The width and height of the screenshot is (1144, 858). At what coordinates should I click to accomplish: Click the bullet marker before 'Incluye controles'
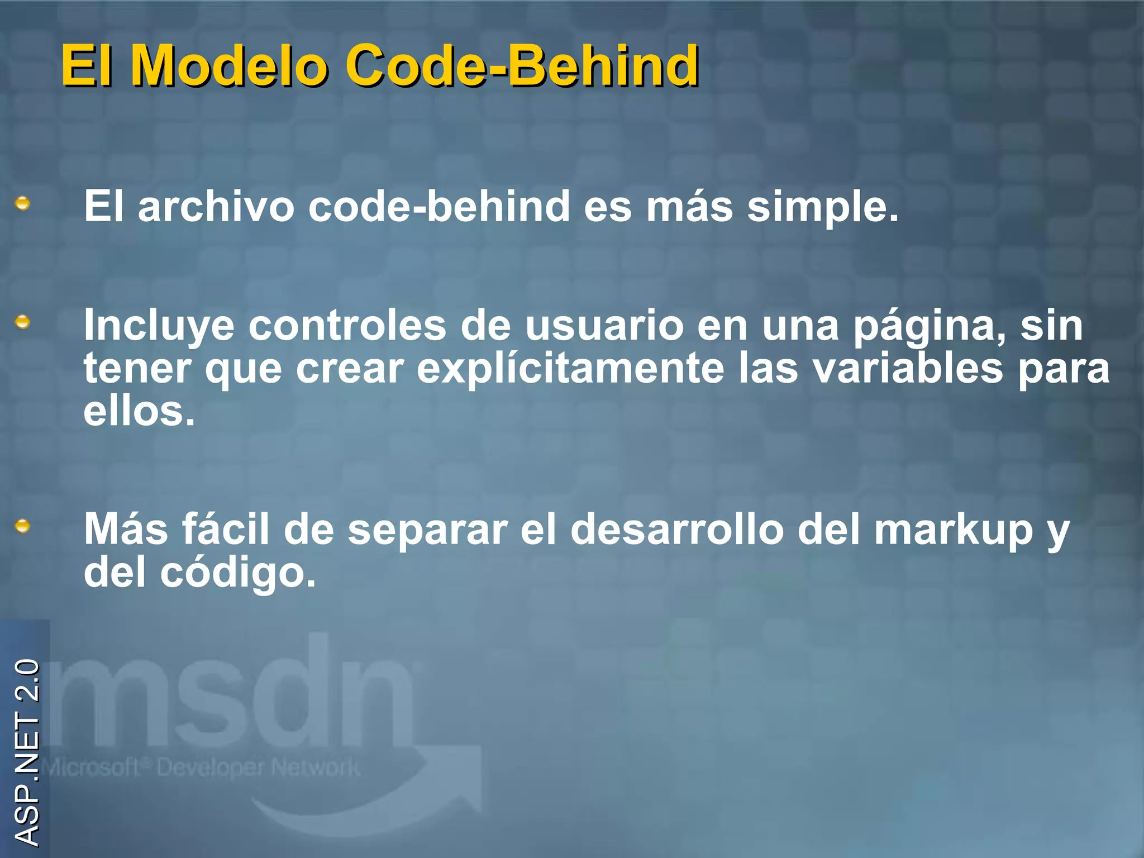[x=22, y=322]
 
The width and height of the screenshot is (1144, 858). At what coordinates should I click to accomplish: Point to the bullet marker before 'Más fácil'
[x=22, y=526]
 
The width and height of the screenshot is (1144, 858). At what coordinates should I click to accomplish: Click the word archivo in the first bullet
[x=216, y=207]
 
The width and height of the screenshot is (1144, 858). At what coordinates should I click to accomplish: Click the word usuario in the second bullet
[x=604, y=326]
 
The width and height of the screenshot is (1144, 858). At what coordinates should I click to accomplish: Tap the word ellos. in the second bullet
[x=140, y=412]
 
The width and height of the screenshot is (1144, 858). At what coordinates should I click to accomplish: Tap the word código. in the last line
[x=238, y=573]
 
